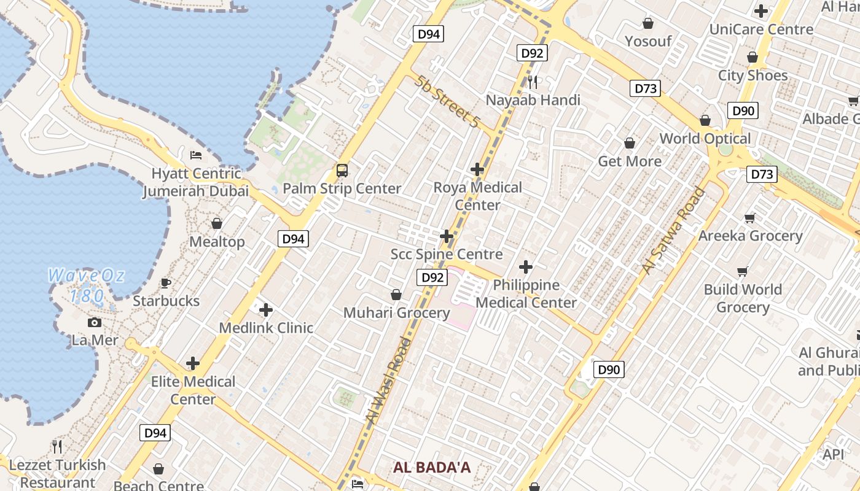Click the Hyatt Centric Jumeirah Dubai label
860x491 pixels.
click(196, 182)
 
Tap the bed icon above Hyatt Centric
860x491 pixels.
click(196, 155)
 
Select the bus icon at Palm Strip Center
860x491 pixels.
click(342, 171)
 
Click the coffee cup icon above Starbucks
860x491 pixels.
click(166, 283)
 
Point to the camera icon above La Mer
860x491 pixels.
click(95, 322)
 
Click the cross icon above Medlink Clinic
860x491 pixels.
click(265, 310)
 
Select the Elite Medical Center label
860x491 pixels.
click(193, 390)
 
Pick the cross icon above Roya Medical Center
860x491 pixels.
click(477, 169)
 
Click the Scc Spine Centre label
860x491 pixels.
click(447, 254)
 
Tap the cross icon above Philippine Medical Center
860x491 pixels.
click(525, 267)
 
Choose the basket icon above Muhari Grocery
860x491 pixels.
click(396, 295)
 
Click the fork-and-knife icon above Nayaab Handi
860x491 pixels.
click(533, 82)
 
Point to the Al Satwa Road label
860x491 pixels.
click(673, 231)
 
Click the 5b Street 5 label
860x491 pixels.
click(447, 101)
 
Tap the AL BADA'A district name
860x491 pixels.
click(432, 468)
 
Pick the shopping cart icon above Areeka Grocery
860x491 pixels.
click(749, 218)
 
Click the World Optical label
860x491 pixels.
click(705, 139)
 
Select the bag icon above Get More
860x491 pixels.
click(630, 144)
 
